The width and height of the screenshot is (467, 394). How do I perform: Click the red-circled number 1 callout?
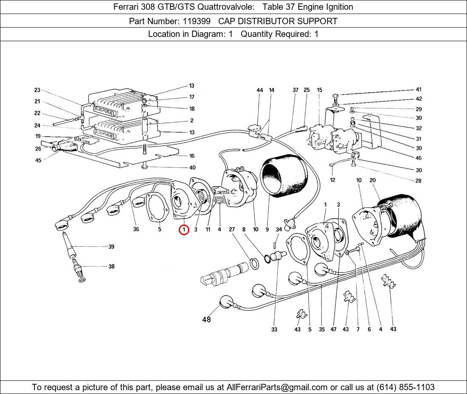(x=183, y=230)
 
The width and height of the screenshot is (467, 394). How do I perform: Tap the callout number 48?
(x=206, y=320)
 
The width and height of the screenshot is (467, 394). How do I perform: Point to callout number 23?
(x=37, y=90)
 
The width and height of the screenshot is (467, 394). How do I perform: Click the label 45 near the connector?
(x=38, y=160)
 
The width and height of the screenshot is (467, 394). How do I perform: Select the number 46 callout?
(x=419, y=158)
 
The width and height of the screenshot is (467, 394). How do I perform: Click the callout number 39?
(x=111, y=247)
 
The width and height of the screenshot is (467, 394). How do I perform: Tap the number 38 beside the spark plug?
(x=111, y=267)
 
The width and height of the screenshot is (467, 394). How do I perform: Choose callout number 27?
(x=232, y=230)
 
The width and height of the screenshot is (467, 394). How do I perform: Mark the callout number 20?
(x=373, y=180)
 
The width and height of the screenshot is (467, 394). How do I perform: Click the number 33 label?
(x=274, y=329)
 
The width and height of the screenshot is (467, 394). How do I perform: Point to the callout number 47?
(x=334, y=329)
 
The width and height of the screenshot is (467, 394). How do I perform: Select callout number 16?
(x=192, y=156)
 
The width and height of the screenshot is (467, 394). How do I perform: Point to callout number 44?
(x=260, y=90)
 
